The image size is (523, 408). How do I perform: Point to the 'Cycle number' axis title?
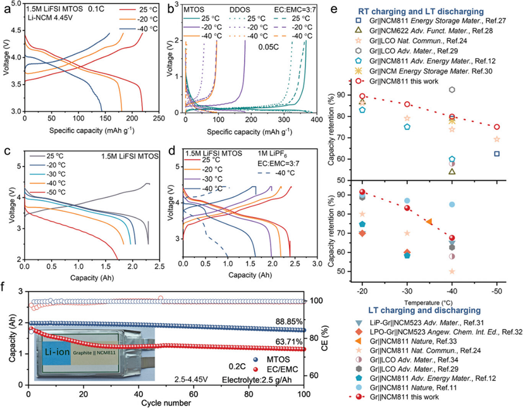pos(166,402)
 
